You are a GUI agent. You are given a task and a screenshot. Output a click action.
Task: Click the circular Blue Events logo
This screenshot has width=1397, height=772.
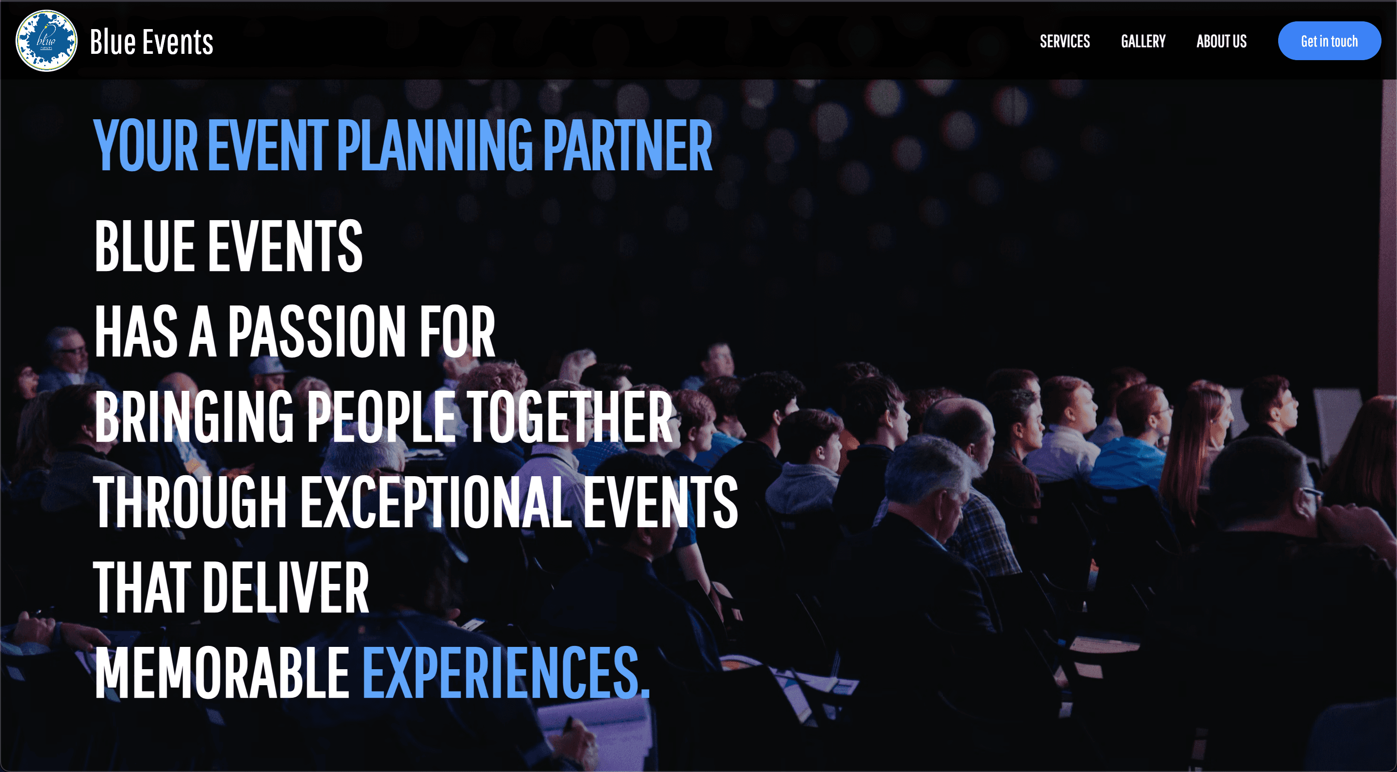pos(46,41)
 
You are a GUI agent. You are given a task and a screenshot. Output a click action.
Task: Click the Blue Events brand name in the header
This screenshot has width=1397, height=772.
pos(151,42)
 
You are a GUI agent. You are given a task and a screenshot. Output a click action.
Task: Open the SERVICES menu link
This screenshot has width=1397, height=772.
pos(1065,41)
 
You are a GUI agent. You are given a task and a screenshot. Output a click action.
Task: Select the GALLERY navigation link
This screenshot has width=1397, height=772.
pos(1143,41)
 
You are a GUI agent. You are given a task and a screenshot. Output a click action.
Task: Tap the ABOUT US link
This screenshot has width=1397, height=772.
pos(1221,41)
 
